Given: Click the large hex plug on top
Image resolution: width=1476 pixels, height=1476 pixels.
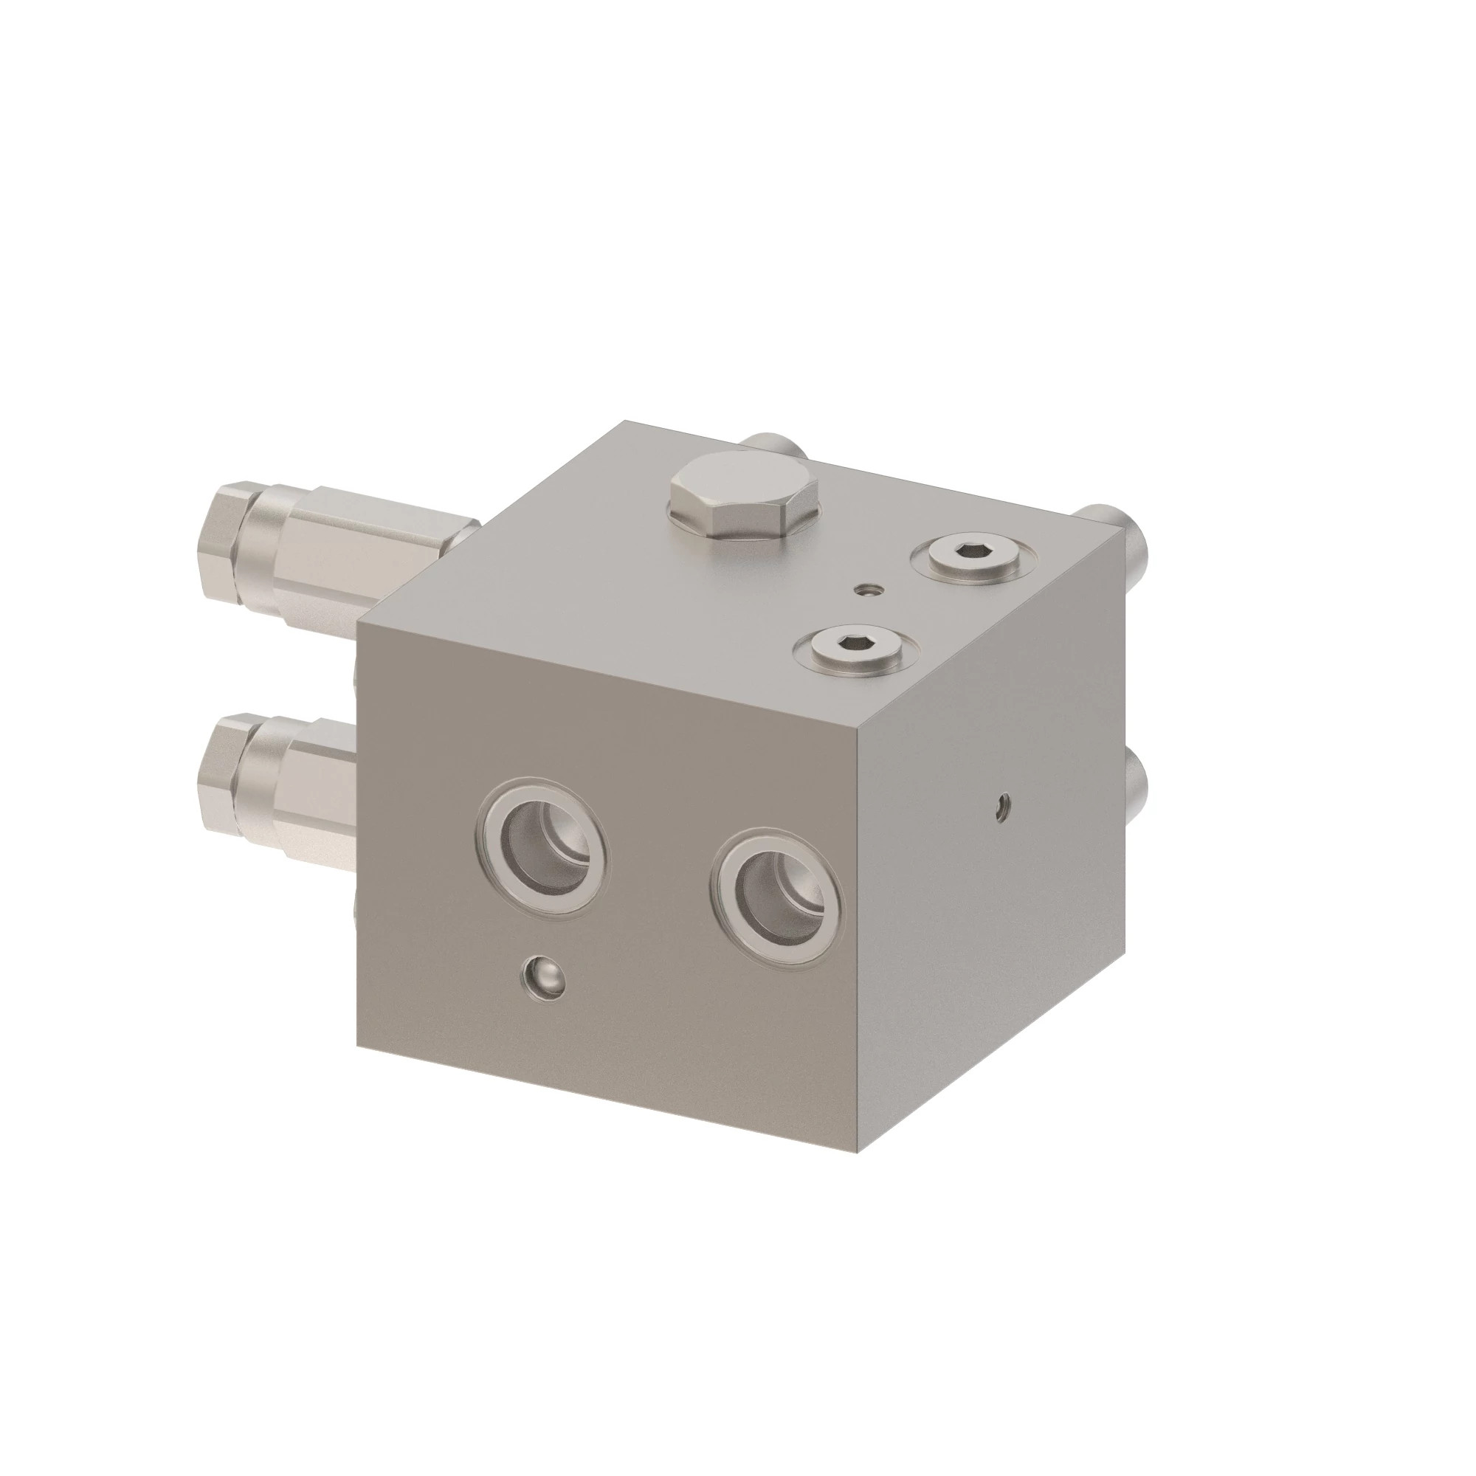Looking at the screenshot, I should tap(743, 494).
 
